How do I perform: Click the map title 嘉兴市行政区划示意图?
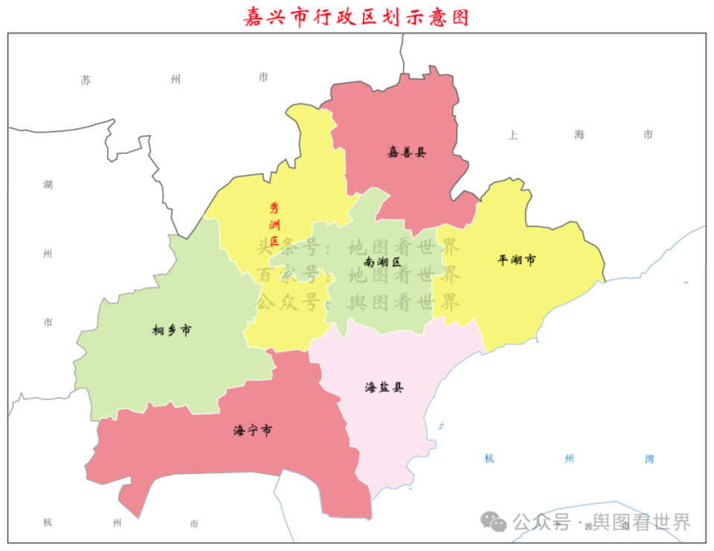click(357, 17)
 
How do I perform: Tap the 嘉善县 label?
click(407, 153)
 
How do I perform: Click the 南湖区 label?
click(383, 262)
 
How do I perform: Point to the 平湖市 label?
click(517, 260)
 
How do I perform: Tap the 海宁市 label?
click(252, 430)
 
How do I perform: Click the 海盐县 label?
click(384, 387)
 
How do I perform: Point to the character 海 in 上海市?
click(579, 135)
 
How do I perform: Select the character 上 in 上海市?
click(512, 135)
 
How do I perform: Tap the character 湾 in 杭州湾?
click(649, 459)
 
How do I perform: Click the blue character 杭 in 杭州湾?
click(489, 459)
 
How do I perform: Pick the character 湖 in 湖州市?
click(48, 185)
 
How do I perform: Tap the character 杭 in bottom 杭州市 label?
click(48, 523)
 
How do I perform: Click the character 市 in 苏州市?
click(263, 77)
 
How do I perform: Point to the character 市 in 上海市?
click(648, 135)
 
